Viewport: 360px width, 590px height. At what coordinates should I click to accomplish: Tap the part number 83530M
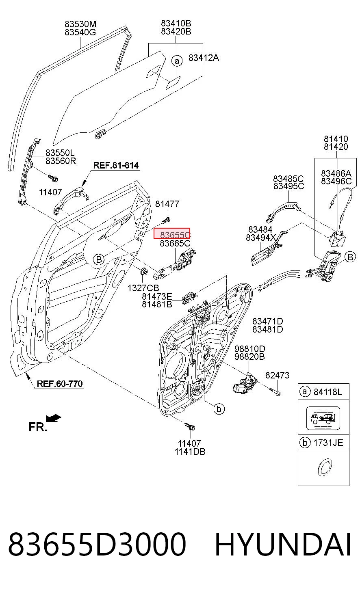coord(80,24)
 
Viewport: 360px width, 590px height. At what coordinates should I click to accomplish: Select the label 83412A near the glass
coord(204,58)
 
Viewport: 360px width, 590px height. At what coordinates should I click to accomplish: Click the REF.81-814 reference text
coord(116,165)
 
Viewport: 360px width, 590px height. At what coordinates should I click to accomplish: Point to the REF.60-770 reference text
coord(60,384)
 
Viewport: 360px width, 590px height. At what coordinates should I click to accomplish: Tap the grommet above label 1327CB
coord(143,271)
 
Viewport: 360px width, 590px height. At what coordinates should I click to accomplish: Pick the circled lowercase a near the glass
coord(177,61)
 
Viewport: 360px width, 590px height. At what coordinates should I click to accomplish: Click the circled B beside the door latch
coord(350,257)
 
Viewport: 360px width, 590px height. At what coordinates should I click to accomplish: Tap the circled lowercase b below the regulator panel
coord(219,409)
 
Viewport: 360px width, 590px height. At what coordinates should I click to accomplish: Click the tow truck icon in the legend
coord(323,418)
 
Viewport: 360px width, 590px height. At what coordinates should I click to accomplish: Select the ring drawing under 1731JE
coord(325,467)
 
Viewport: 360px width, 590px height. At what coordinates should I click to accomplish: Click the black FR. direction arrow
coord(54,419)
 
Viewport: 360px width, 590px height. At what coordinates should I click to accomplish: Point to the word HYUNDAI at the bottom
coord(283,545)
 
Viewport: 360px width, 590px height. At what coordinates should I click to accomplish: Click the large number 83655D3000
coord(97,545)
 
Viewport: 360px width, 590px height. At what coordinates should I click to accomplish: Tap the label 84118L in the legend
coord(327,392)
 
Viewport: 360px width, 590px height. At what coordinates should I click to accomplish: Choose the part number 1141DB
coord(190,452)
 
